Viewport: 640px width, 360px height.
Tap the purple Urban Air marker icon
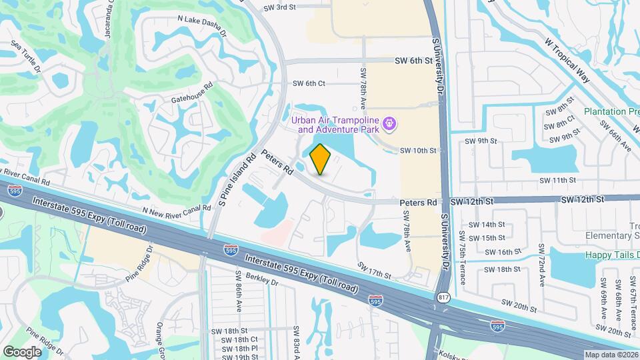pyautogui.click(x=391, y=124)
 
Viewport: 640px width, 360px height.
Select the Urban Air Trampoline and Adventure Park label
pyautogui.click(x=337, y=124)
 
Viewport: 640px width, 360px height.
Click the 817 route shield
pyautogui.click(x=443, y=297)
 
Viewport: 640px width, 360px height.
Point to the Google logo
pyautogui.click(x=23, y=351)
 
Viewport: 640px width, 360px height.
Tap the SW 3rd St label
pyautogui.click(x=279, y=7)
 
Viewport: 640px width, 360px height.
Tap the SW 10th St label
pyautogui.click(x=417, y=151)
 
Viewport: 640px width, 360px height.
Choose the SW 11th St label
pyautogui.click(x=557, y=180)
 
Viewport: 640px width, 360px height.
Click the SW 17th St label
pyautogui.click(x=373, y=269)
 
